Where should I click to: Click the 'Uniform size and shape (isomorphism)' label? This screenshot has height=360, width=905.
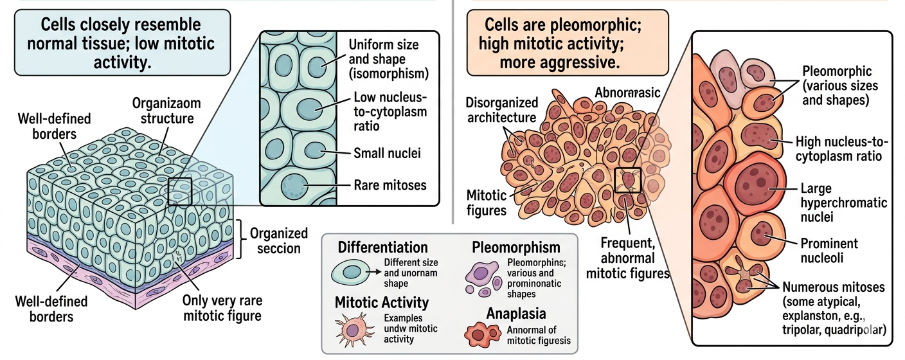click(x=383, y=59)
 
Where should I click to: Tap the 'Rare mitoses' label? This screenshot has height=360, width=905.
click(x=390, y=186)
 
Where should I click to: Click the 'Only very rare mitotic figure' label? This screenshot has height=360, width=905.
click(x=222, y=308)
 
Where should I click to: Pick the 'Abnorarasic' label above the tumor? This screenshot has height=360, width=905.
click(x=627, y=92)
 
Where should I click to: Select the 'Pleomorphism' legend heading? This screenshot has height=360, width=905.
click(x=515, y=248)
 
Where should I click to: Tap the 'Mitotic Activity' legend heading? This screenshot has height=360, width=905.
click(x=382, y=302)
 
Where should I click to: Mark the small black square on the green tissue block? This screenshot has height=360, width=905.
click(x=180, y=192)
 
